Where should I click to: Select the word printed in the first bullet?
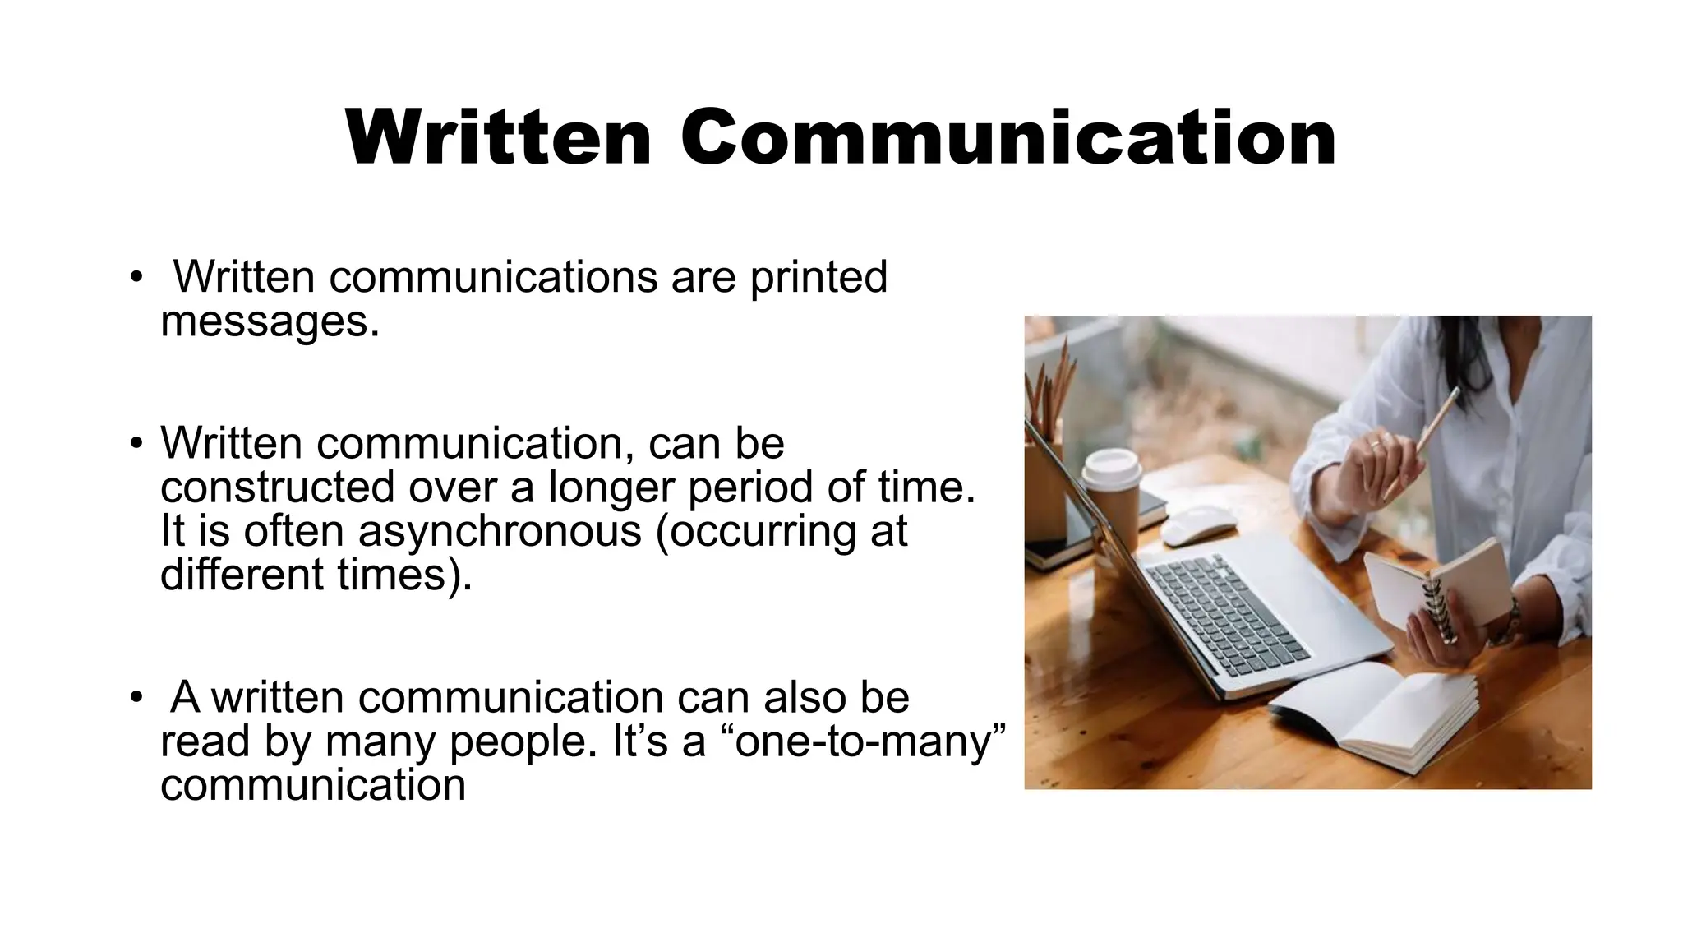coord(818,277)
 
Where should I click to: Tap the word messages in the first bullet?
coord(270,321)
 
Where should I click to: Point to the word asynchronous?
coord(500,530)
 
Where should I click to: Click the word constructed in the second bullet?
coord(277,487)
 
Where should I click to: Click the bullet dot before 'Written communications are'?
coord(136,277)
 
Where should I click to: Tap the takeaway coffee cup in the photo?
coord(1111,493)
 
